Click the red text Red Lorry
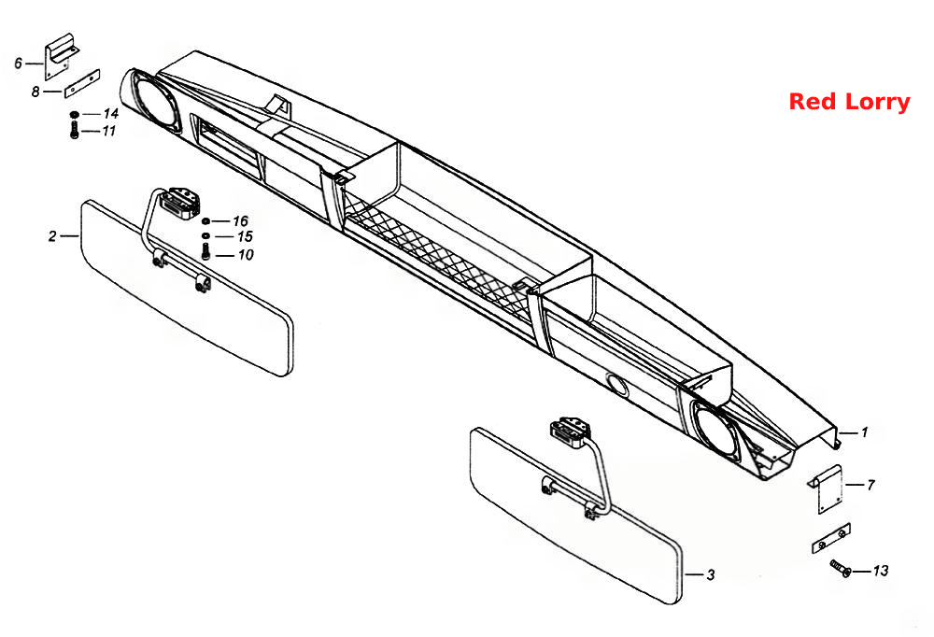[849, 102]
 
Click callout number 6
[19, 64]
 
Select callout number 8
[35, 92]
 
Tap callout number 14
[111, 113]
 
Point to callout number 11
[109, 131]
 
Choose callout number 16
[240, 221]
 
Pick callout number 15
[245, 236]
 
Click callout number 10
[246, 255]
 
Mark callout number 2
[52, 236]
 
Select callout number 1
[864, 432]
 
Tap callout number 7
[870, 485]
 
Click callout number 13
[881, 571]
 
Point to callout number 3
[710, 575]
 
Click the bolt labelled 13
[841, 568]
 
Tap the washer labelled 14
[75, 114]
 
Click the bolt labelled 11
[74, 129]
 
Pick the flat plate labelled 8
[82, 83]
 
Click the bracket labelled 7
[828, 488]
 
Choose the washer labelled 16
[206, 221]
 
